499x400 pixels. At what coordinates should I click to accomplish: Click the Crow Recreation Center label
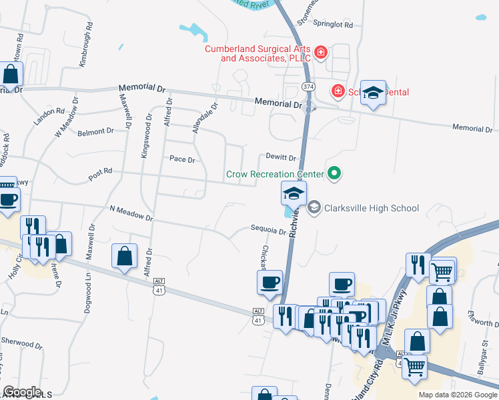click(275, 174)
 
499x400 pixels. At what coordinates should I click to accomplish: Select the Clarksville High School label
click(372, 208)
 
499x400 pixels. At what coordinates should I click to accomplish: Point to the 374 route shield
click(308, 87)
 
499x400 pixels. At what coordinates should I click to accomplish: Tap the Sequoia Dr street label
click(268, 229)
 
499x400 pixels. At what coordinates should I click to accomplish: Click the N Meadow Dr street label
click(131, 213)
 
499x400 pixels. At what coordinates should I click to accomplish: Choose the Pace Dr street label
click(182, 159)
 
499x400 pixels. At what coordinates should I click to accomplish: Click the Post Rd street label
click(100, 175)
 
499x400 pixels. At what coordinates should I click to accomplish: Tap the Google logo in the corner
click(22, 392)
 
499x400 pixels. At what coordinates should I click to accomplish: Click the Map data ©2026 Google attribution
click(457, 395)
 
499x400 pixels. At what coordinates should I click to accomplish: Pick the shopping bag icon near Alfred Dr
click(124, 256)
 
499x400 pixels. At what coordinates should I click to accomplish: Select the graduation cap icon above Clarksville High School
click(294, 194)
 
